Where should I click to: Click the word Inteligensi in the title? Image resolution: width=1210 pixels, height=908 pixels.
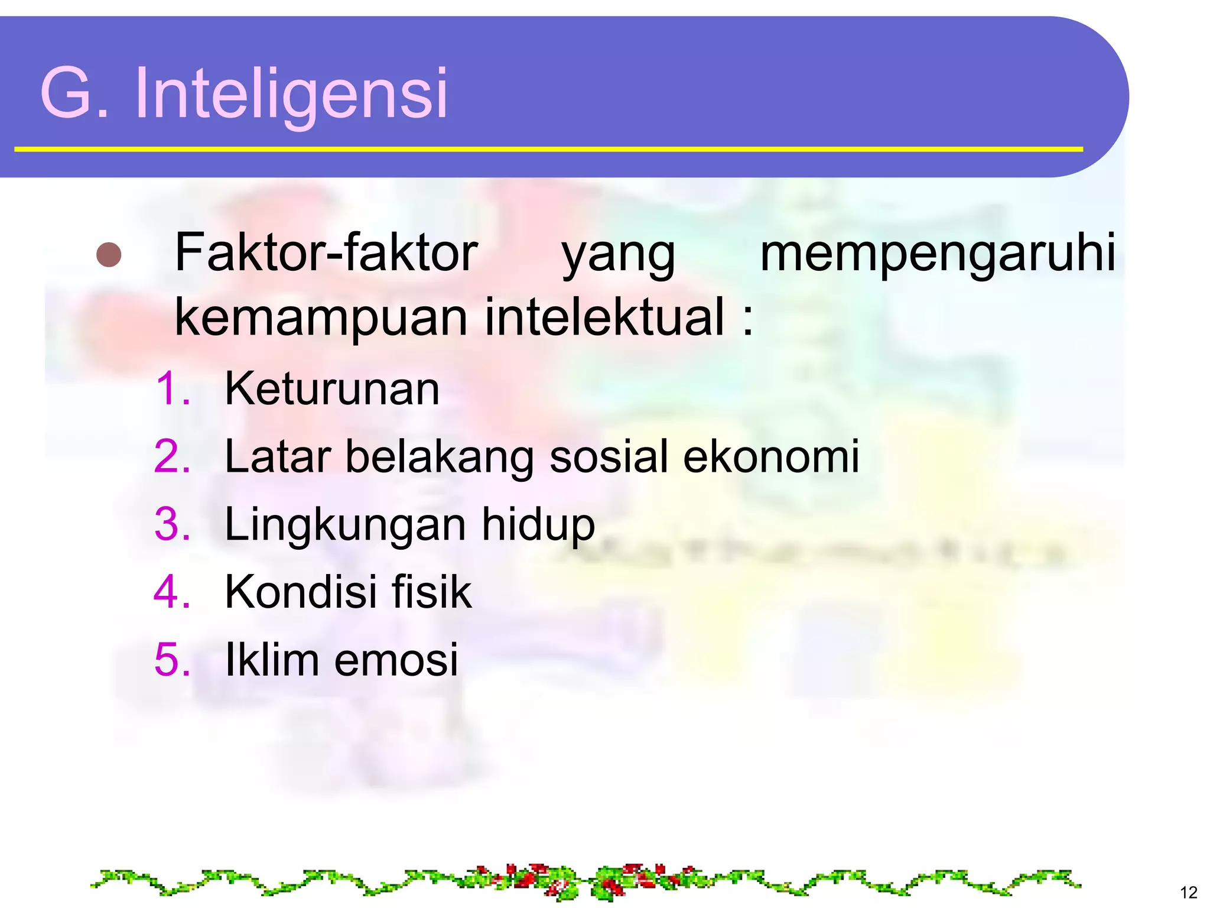pyautogui.click(x=291, y=93)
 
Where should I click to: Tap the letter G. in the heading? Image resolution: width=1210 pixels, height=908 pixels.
pyautogui.click(x=73, y=93)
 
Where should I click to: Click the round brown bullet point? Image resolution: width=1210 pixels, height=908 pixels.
pyautogui.click(x=109, y=255)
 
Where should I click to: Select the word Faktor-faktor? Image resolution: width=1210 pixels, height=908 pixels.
pyautogui.click(x=326, y=253)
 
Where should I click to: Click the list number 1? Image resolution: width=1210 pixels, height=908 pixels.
pyautogui.click(x=173, y=389)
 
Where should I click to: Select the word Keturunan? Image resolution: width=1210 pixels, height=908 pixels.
pyautogui.click(x=332, y=389)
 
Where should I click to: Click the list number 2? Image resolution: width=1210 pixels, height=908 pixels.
pyautogui.click(x=172, y=456)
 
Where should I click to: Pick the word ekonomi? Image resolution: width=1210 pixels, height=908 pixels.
pyautogui.click(x=771, y=456)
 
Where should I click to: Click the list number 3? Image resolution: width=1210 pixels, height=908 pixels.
pyautogui.click(x=172, y=524)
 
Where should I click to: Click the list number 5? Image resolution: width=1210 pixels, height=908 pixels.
pyautogui.click(x=172, y=659)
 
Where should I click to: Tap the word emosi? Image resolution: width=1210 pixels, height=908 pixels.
pyautogui.click(x=396, y=659)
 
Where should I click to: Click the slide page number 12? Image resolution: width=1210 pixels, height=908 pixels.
pyautogui.click(x=1188, y=892)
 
